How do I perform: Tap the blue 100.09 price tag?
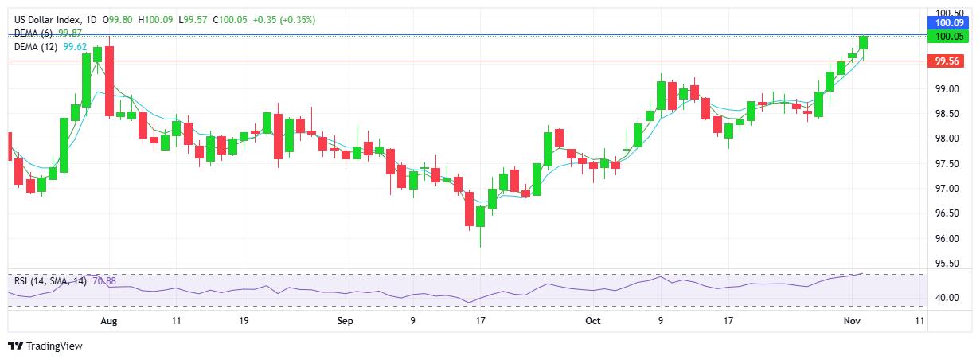951,25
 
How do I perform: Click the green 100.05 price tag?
951,37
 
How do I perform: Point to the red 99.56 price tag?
950,61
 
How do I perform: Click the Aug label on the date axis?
109,321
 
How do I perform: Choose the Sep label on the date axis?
345,321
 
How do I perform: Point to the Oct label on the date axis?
592,321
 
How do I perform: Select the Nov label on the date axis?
851,321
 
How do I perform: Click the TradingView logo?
45,346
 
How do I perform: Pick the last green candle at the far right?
864,43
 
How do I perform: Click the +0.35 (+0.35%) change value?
284,19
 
